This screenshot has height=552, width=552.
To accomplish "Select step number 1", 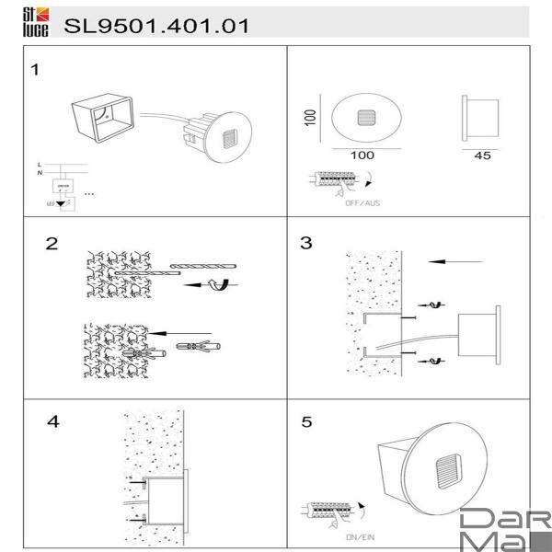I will (35, 70).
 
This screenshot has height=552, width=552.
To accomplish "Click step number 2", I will (52, 244).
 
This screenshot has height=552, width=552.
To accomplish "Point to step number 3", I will (306, 244).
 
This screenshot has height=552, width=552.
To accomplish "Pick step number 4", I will (52, 422).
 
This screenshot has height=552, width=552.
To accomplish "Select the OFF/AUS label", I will (361, 201).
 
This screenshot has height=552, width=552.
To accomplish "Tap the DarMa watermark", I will (504, 529).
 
